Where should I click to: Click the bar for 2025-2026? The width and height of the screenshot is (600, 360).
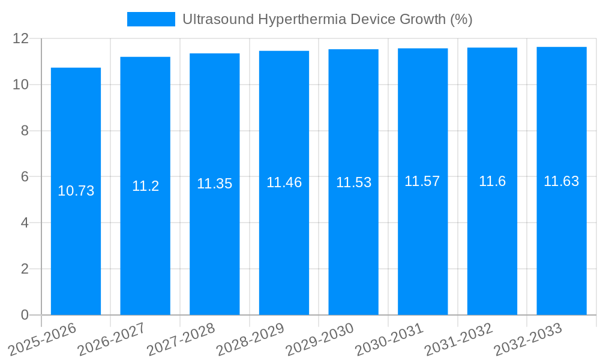pos(76,240)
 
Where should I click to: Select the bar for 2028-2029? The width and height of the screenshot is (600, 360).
pos(284,240)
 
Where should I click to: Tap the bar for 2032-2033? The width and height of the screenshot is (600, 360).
pos(562,240)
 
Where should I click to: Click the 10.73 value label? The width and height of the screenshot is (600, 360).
pos(76,191)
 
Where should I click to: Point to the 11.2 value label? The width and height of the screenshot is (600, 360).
pos(145,186)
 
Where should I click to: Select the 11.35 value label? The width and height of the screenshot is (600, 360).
pos(214,184)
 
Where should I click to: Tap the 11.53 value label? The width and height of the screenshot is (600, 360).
pos(353,182)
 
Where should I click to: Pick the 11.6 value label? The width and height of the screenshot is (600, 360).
pos(492,181)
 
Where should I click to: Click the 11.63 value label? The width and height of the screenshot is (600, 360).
pos(562,181)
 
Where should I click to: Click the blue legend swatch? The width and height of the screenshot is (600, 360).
pos(151,19)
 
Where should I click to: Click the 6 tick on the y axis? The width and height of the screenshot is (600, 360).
pos(25,176)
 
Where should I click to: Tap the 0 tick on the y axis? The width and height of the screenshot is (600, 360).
pos(25,314)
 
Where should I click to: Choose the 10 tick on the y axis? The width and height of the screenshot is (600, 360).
pos(21,85)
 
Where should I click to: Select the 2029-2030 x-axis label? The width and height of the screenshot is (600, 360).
pos(320,339)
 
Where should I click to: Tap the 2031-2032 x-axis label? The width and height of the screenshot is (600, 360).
pos(459,339)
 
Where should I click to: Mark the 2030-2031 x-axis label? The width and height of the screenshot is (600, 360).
pos(389,339)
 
